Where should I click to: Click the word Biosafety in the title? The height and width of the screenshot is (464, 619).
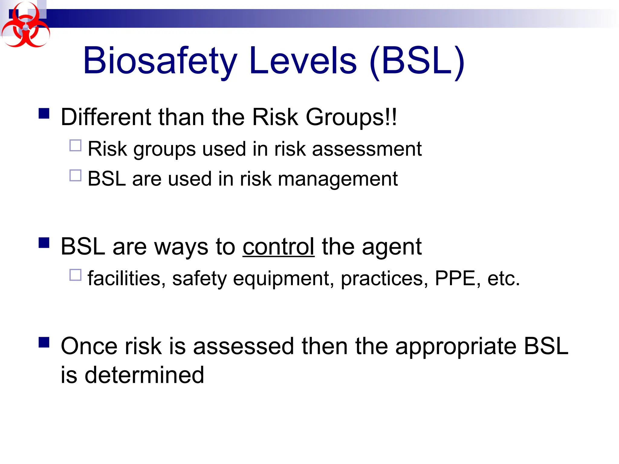160,61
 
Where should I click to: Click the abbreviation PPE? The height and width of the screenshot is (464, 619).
455,278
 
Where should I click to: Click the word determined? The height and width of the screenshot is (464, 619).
144,375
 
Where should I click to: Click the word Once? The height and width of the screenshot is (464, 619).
89,346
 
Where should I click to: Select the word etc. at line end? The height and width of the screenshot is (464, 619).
503,278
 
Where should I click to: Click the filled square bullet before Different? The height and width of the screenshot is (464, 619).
44,114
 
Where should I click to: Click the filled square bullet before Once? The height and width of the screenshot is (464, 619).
44,343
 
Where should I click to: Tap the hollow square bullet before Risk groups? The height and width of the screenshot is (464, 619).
75,145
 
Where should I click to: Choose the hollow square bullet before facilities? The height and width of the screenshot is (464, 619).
75,275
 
